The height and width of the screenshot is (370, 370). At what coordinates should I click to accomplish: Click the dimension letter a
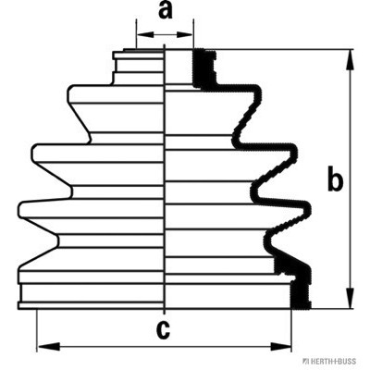pyautogui.click(x=165, y=10)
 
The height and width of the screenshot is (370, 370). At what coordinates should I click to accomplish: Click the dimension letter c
pyautogui.click(x=163, y=330)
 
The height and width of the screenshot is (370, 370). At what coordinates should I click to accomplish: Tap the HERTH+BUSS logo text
pyautogui.click(x=331, y=361)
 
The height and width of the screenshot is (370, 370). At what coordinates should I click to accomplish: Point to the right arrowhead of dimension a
pyautogui.click(x=184, y=34)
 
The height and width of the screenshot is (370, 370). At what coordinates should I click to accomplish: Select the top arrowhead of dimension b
pyautogui.click(x=350, y=60)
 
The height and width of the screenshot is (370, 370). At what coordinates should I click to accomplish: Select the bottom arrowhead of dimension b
pyautogui.click(x=350, y=298)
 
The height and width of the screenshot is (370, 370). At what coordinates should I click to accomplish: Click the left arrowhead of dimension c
pyautogui.click(x=48, y=346)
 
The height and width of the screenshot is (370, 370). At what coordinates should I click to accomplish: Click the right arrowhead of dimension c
pyautogui.click(x=280, y=346)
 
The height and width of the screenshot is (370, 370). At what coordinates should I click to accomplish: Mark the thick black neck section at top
pyautogui.click(x=204, y=68)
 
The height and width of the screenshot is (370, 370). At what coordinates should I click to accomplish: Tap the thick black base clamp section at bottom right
pyautogui.click(x=295, y=284)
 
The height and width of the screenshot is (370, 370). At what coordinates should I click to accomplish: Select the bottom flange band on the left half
pyautogui.click(x=91, y=305)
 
